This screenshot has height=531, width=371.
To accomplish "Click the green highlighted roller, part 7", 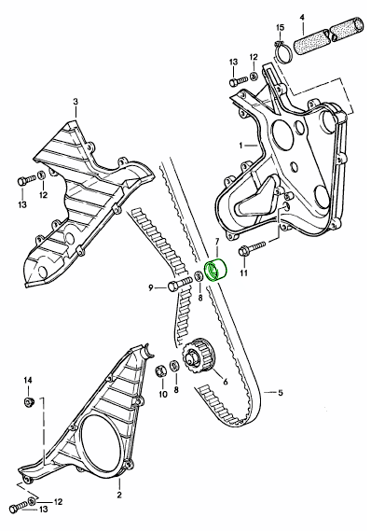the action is (215, 271).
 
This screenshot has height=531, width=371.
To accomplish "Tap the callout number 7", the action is (217, 242).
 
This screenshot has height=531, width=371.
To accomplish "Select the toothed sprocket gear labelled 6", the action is (198, 356).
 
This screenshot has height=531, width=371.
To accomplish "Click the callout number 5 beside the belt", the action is (281, 393).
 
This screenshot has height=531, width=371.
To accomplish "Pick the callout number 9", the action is (151, 287).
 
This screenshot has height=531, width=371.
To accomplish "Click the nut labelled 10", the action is (160, 370).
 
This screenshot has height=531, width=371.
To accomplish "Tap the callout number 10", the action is (163, 395).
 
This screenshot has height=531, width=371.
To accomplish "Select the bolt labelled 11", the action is (252, 248).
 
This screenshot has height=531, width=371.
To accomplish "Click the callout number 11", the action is (244, 272).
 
